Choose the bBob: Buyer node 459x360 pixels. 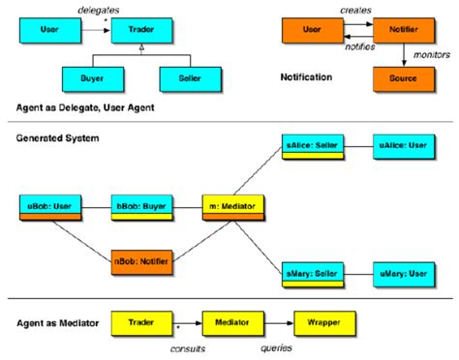point(139,206)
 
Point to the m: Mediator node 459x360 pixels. point(229,206)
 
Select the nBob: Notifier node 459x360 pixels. point(139,259)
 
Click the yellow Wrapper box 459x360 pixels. point(324,319)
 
